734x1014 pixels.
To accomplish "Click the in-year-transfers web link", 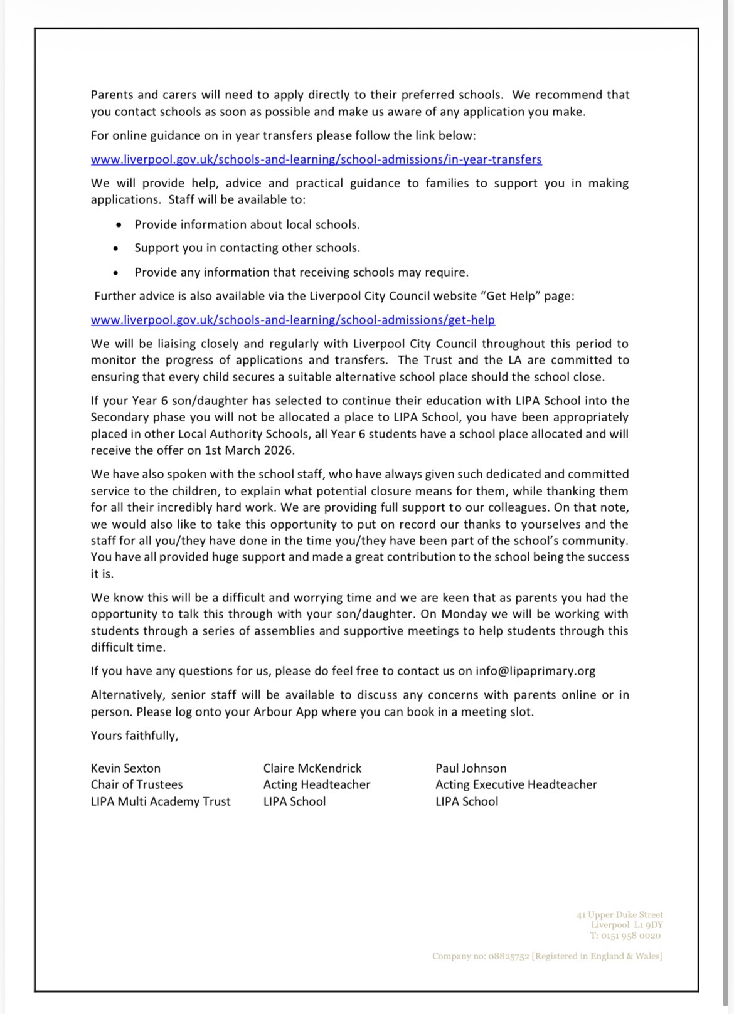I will tap(316, 159).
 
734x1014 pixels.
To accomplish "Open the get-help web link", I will tap(292, 320).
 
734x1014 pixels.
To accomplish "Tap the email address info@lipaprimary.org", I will tap(535, 671).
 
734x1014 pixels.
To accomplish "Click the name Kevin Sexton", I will tap(125, 768).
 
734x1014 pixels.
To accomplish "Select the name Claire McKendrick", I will tap(312, 768).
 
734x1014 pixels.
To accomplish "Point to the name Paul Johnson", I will tap(471, 768).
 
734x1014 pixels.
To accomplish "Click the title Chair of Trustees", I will tap(137, 784).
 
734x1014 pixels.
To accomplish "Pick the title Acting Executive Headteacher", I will tap(516, 784).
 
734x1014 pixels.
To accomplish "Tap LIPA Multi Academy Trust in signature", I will tap(161, 801).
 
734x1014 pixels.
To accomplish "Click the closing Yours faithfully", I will tap(134, 736).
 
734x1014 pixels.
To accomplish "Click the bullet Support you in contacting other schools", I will tap(247, 248).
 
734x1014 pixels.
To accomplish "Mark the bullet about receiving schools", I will tap(301, 272).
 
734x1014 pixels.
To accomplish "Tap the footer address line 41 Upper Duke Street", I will tap(619, 915).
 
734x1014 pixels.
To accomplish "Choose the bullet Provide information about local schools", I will tap(247, 224).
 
